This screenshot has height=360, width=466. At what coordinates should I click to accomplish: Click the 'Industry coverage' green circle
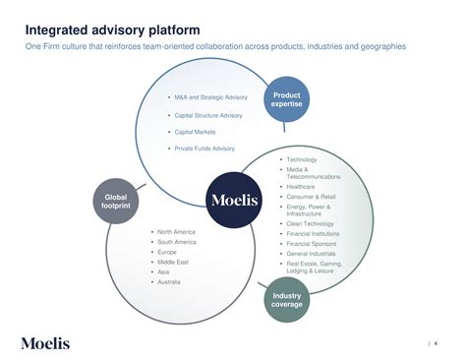tap(286, 299)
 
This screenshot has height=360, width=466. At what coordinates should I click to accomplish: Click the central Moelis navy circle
tap(234, 201)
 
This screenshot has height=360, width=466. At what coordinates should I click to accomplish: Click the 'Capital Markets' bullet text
tap(195, 131)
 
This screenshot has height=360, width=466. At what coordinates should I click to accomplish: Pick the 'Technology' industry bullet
tap(302, 158)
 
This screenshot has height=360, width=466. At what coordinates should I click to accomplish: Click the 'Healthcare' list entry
tap(302, 186)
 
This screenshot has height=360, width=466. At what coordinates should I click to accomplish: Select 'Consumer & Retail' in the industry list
tap(310, 197)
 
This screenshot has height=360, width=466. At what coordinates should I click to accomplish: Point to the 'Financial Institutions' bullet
tap(314, 234)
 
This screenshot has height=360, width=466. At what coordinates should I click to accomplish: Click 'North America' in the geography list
tap(177, 231)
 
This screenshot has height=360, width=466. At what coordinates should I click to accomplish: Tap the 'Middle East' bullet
tap(174, 262)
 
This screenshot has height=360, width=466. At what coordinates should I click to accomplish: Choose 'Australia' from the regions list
tap(170, 282)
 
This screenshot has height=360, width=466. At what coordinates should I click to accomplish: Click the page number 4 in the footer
tap(437, 342)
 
